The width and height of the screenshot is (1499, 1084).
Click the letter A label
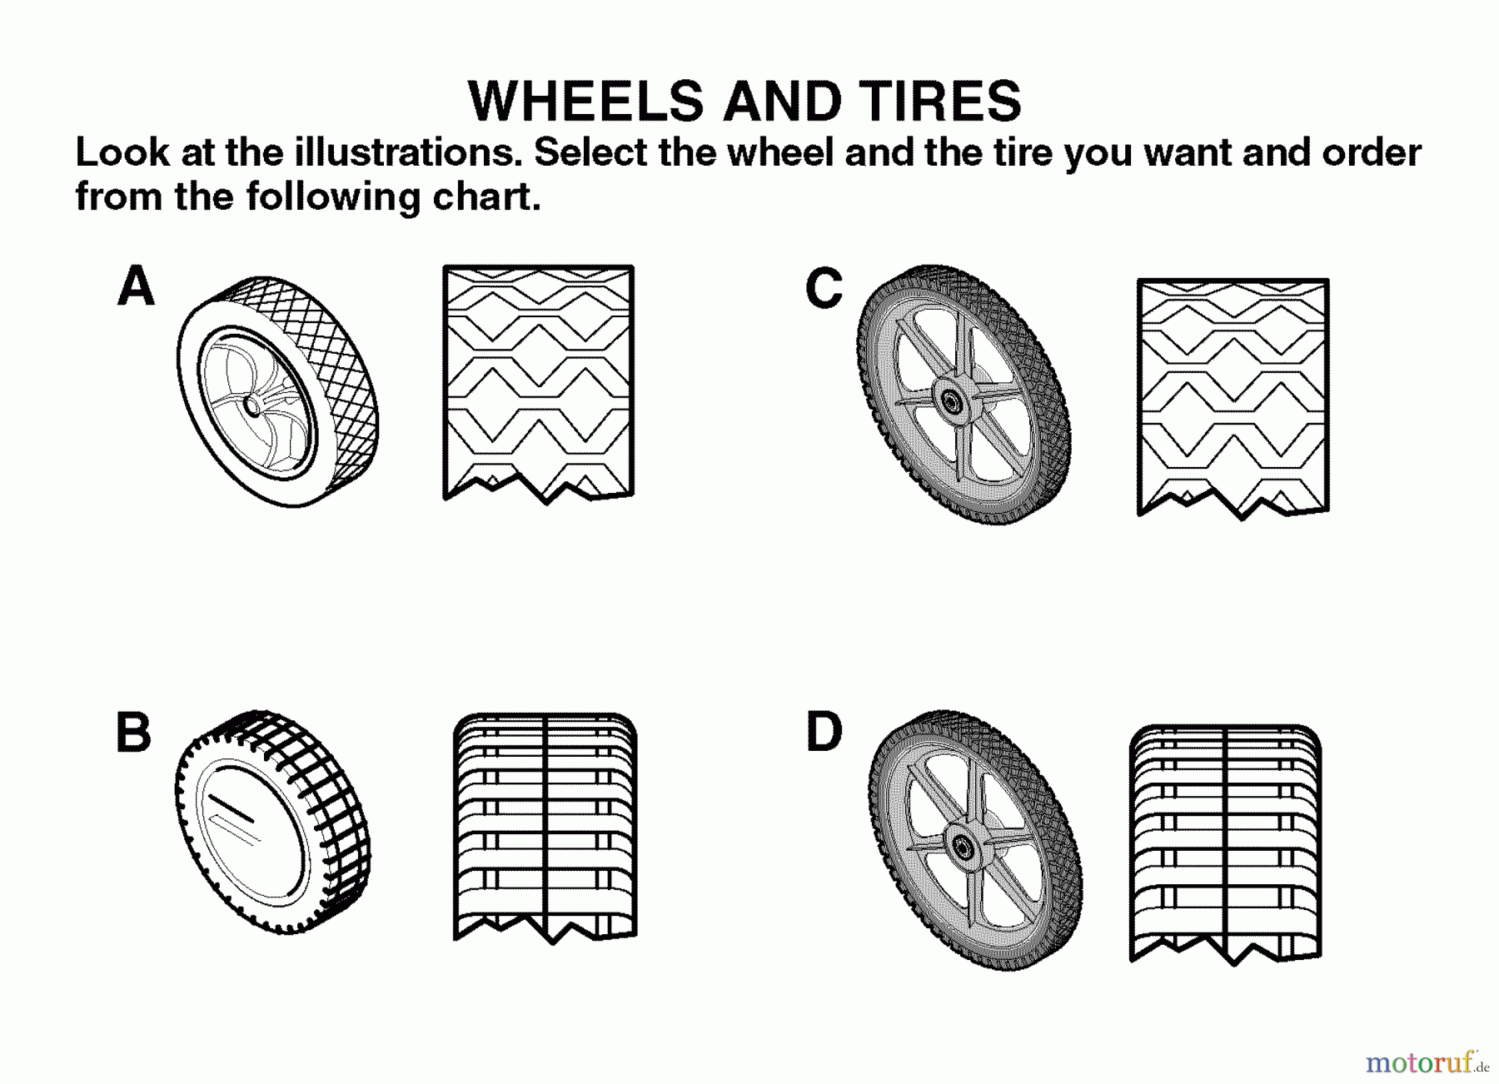coord(137,286)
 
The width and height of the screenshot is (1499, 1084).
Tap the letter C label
coord(824,289)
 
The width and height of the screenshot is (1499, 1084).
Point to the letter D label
coord(824,732)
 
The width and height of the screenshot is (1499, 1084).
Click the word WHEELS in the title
coord(587,102)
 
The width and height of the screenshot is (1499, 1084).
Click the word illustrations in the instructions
coord(407,153)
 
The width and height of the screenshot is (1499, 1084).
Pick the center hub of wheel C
coord(950,400)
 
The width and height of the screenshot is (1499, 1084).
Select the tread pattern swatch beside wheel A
coord(538,383)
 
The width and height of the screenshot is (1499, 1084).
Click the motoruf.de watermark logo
coord(1426,1062)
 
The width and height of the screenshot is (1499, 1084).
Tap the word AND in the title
coord(783,102)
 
